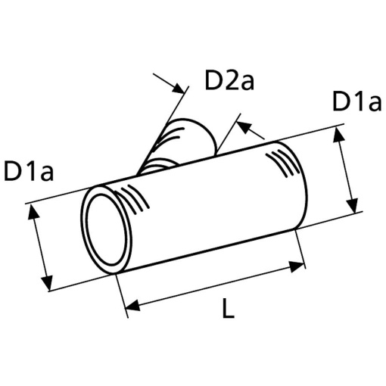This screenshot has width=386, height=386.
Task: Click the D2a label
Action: (x=229, y=80)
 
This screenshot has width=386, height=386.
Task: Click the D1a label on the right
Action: (x=356, y=101)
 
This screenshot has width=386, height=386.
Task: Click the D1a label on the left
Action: (x=29, y=171)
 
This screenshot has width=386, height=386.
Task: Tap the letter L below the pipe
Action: (x=229, y=307)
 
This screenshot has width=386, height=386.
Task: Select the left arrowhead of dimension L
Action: (x=132, y=305)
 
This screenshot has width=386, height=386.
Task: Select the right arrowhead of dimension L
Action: (x=297, y=266)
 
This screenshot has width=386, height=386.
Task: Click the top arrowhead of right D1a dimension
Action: (x=339, y=135)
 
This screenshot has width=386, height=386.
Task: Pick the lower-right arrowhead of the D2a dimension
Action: (x=244, y=126)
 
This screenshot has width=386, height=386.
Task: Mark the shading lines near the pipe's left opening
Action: (x=134, y=199)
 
